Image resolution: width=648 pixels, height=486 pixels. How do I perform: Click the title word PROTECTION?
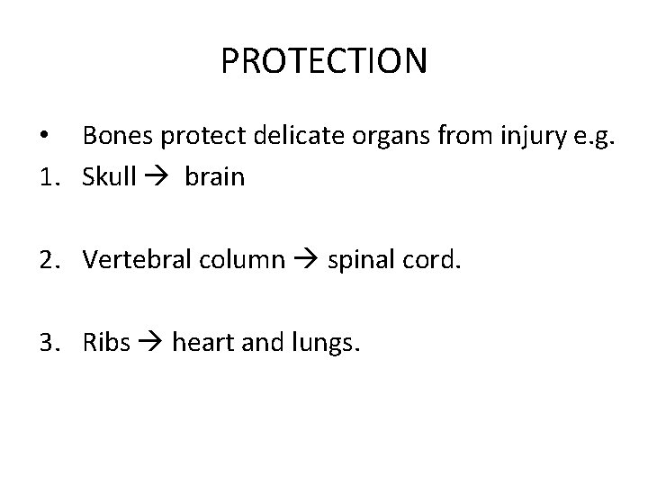[324, 62]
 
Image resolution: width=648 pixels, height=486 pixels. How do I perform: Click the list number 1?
[49, 177]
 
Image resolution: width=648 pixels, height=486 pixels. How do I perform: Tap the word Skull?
[109, 177]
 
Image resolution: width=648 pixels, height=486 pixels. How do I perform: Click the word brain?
[214, 177]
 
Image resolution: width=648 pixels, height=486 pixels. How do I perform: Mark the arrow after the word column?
[304, 261]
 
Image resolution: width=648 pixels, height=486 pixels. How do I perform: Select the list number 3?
[50, 342]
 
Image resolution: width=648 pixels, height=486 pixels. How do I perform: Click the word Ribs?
[106, 342]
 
